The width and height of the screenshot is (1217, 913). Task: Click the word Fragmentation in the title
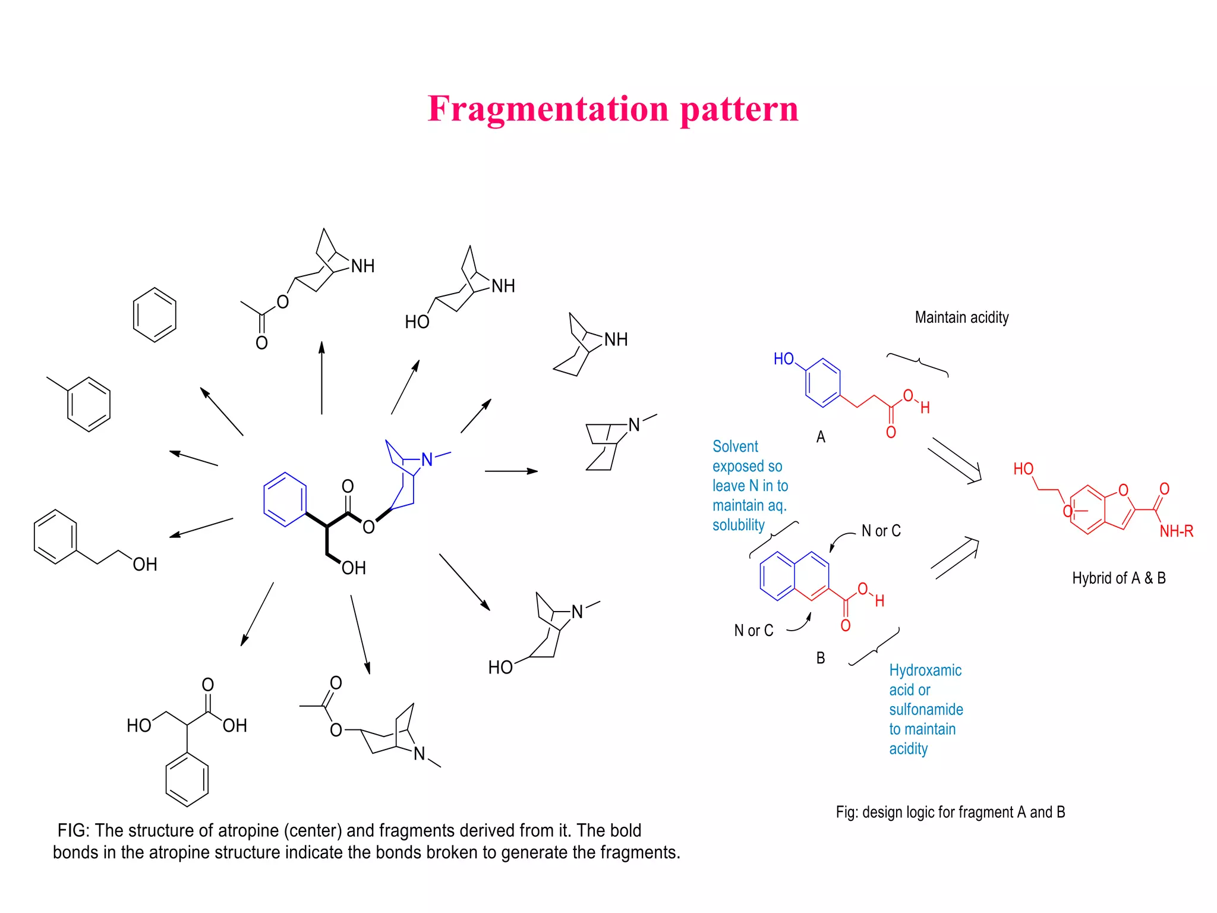coord(548,109)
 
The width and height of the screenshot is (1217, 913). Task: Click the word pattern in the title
coord(739,109)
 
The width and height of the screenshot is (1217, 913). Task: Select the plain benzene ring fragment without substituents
coord(155,315)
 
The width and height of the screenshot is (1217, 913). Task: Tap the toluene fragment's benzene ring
coord(89,404)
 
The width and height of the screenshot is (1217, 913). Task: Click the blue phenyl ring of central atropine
coord(285,499)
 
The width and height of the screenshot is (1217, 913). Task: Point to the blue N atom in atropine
coord(427,459)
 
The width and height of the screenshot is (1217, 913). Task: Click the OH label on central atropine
coord(354,568)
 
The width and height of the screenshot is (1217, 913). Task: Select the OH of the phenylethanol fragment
coord(145,565)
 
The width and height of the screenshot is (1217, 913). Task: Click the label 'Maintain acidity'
coord(961,317)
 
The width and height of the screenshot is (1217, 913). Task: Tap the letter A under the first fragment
coord(821,437)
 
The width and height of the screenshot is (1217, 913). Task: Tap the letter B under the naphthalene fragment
coord(821,658)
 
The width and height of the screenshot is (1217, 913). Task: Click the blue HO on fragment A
coord(784,359)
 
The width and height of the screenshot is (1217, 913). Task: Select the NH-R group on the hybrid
coord(1176,531)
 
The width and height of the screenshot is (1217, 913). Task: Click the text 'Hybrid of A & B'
coord(1119,578)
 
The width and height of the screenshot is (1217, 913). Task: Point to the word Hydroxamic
coord(925,670)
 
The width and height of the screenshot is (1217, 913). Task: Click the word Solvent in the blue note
coord(735,446)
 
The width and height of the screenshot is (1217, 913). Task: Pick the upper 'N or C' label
coord(881,531)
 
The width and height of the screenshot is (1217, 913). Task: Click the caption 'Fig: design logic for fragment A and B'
coord(950,812)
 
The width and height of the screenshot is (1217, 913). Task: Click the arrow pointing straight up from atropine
coord(321,377)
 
